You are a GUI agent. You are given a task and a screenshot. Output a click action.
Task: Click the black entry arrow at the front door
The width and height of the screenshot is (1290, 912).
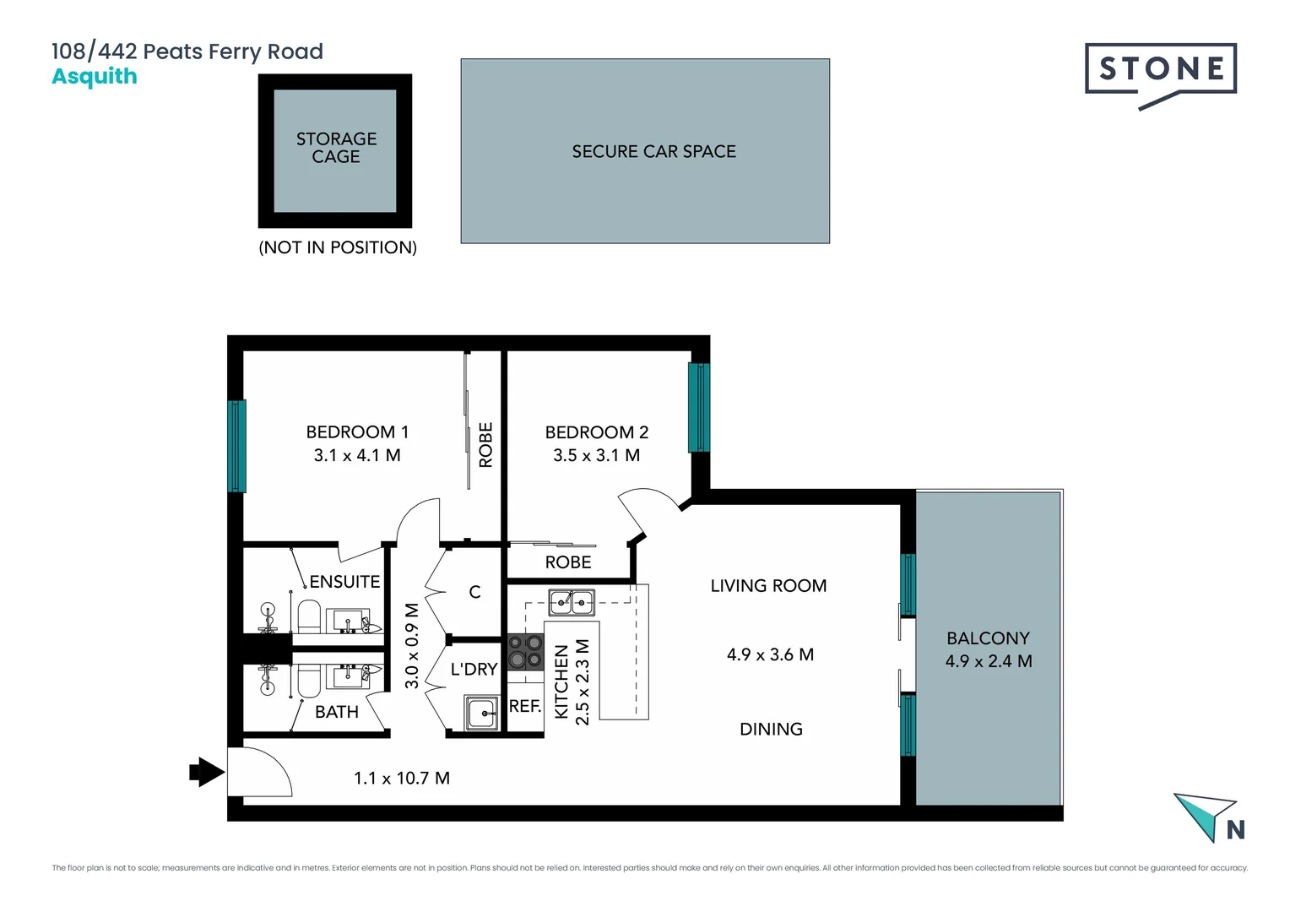pos(205,771)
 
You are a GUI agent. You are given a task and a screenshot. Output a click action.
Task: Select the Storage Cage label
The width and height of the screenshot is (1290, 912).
pos(336,148)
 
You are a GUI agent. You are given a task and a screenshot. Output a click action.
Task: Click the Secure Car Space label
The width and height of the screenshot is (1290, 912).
pos(653,152)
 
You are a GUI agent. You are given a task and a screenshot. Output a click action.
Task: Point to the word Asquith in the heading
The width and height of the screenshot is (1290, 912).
pos(95,77)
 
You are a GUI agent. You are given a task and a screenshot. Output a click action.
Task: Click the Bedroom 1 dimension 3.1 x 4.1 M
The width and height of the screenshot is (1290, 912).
pos(357,455)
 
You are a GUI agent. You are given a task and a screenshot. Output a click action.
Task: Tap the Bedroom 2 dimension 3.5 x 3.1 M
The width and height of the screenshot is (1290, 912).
pos(596,455)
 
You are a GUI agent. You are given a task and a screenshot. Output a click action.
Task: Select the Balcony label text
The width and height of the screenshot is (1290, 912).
pos(988,638)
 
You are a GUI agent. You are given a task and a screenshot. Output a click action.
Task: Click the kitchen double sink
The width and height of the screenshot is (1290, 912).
pos(572,602)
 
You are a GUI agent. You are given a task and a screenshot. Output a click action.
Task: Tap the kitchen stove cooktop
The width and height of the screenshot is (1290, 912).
pos(525,652)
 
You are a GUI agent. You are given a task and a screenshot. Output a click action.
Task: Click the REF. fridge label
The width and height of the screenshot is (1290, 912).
pos(524,706)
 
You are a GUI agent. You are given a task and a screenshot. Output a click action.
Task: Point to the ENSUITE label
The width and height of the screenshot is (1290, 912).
pos(344,582)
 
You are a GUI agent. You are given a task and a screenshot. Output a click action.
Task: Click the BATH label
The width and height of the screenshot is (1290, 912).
pos(336,712)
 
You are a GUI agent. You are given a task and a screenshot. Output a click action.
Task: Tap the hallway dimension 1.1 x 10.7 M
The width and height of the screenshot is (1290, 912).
pos(402,778)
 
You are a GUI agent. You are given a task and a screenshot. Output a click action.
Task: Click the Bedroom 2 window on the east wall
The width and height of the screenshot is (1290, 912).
pos(698,407)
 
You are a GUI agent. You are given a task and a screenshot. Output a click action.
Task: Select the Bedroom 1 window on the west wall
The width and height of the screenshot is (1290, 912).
pos(237,446)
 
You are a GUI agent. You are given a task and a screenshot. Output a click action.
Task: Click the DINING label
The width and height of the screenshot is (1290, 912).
pos(771,729)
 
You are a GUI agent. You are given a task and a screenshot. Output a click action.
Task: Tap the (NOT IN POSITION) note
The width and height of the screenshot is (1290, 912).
pos(338,247)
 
